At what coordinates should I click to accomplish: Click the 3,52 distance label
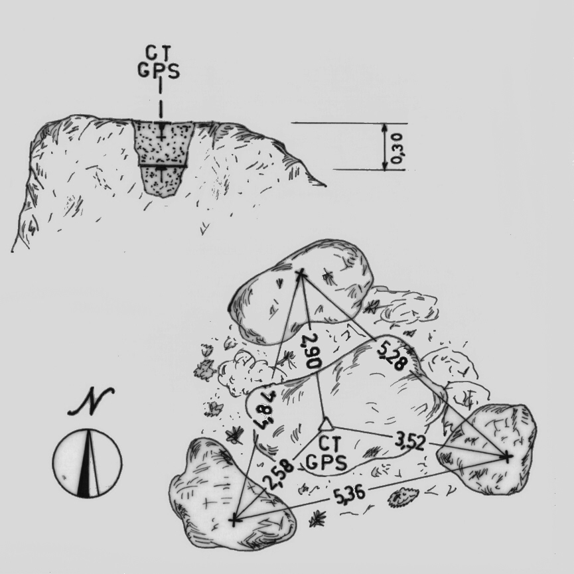pos(410,441)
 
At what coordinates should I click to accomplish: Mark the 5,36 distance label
pos(349,495)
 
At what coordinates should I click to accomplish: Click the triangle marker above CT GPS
pos(325,425)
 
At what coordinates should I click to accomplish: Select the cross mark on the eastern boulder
pos(507,457)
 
